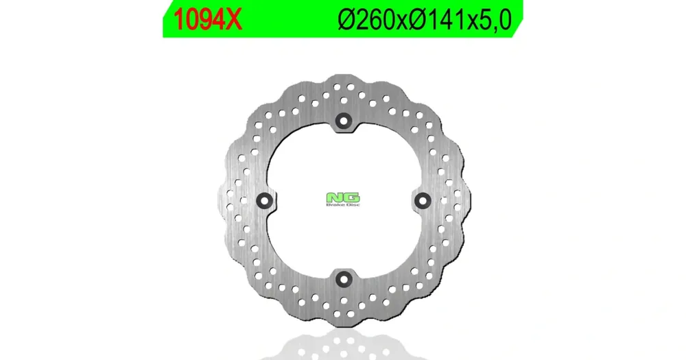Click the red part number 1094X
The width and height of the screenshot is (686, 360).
point(207,20)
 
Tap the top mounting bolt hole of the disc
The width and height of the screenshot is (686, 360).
point(344,121)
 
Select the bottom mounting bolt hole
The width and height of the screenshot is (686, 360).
point(344,279)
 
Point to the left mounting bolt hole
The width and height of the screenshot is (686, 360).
point(264,201)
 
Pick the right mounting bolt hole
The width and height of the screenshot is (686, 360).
point(423,201)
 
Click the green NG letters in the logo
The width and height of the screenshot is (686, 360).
point(344,197)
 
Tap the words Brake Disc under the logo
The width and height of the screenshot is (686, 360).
point(344,204)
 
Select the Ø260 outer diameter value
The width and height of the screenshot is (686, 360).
point(366,20)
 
